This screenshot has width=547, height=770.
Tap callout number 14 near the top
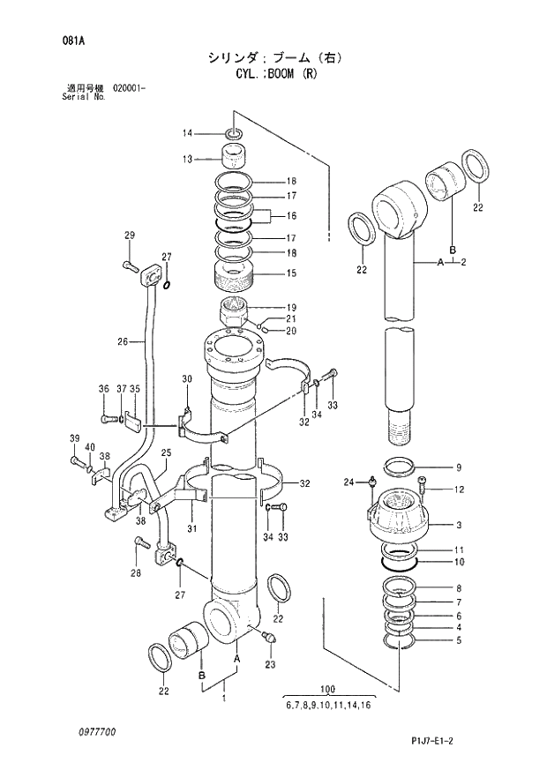pyautogui.click(x=187, y=133)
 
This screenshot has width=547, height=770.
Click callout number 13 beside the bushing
pyautogui.click(x=187, y=160)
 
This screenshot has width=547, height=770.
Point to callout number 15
pyautogui.click(x=290, y=273)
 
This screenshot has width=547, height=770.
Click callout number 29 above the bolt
pyautogui.click(x=129, y=235)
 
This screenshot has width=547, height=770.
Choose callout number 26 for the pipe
pyautogui.click(x=122, y=341)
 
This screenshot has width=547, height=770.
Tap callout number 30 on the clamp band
pyautogui.click(x=186, y=379)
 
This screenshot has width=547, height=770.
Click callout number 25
pyautogui.click(x=165, y=453)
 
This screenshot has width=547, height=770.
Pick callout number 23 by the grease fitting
pyautogui.click(x=270, y=664)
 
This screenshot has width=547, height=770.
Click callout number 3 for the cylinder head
pyautogui.click(x=459, y=526)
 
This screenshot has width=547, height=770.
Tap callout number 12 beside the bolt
pyautogui.click(x=459, y=490)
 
